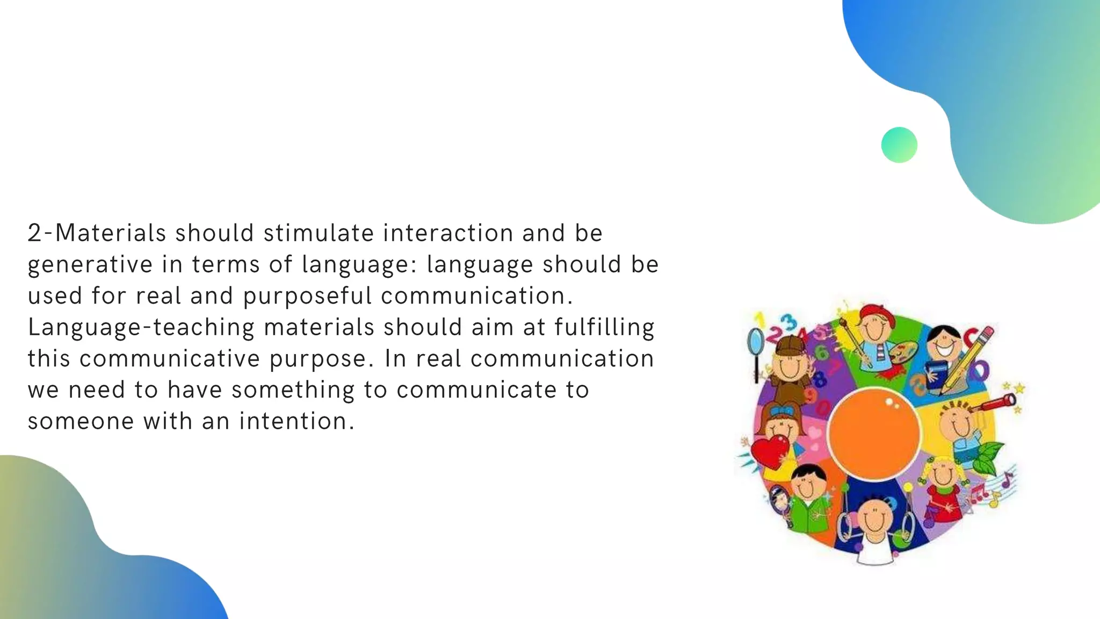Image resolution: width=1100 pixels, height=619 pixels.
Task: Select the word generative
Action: (x=90, y=265)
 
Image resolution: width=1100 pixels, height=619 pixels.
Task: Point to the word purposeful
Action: (x=307, y=296)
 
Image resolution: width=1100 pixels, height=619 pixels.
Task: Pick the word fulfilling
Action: (x=604, y=327)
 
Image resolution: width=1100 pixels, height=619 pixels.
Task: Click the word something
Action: (x=293, y=390)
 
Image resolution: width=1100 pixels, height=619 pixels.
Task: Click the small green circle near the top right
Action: (x=899, y=145)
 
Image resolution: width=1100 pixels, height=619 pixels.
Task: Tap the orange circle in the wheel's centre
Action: (x=874, y=433)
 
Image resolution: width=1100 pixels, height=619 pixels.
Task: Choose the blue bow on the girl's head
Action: (x=781, y=412)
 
